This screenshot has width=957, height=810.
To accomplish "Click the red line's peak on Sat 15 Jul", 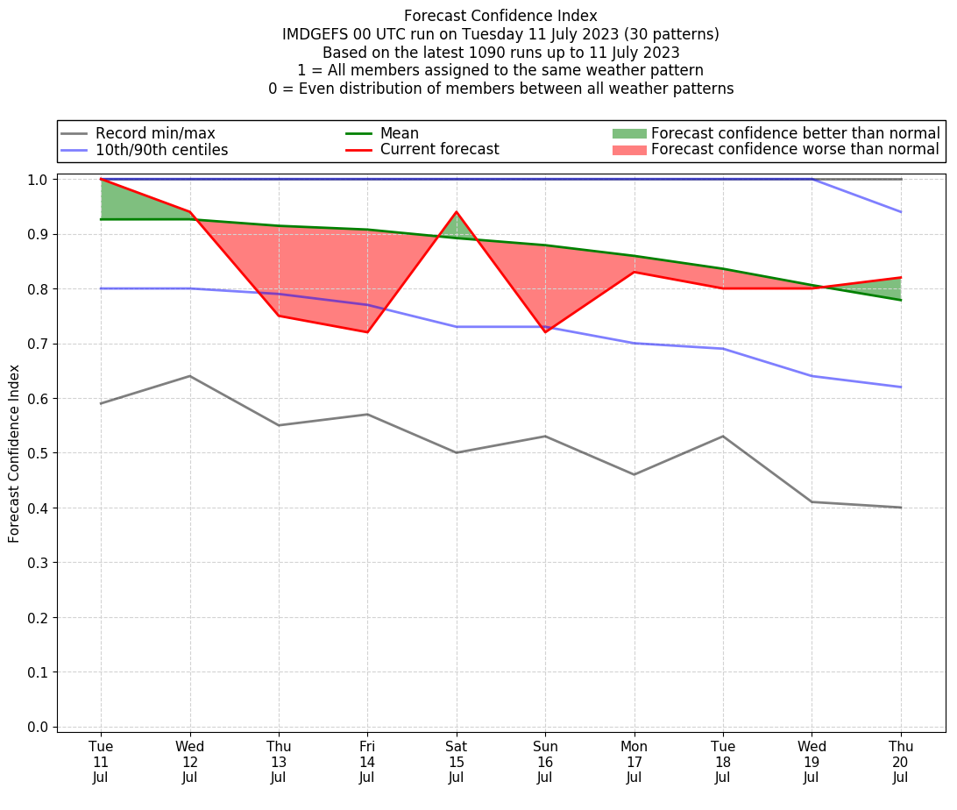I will [457, 212].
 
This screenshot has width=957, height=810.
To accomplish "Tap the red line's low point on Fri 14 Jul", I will [367, 332].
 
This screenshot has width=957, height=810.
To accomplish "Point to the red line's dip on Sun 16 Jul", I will [545, 332].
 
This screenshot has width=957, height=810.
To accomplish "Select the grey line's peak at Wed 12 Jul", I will [190, 376].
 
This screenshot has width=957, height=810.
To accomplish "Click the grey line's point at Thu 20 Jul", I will [901, 508].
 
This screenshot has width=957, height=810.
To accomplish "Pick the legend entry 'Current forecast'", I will [439, 150].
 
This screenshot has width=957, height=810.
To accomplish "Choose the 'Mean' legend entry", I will [399, 133].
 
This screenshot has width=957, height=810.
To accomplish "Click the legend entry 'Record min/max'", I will [155, 133].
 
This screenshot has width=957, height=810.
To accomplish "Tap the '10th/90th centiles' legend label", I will [161, 150].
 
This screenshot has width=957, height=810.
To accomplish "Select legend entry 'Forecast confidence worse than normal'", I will [795, 150].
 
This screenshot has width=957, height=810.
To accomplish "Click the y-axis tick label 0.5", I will [37, 453].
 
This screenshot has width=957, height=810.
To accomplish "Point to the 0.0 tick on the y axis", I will [37, 727].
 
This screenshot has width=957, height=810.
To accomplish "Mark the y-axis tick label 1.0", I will [37, 180].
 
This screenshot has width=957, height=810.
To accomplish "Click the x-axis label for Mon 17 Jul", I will [634, 762].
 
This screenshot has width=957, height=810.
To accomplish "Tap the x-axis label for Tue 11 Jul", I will [101, 762].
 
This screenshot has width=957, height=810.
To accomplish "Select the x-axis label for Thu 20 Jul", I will [901, 762].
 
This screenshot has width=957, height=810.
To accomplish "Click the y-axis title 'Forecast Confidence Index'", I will [14, 453].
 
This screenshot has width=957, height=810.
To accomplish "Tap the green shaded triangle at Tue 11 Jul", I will [123, 204].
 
